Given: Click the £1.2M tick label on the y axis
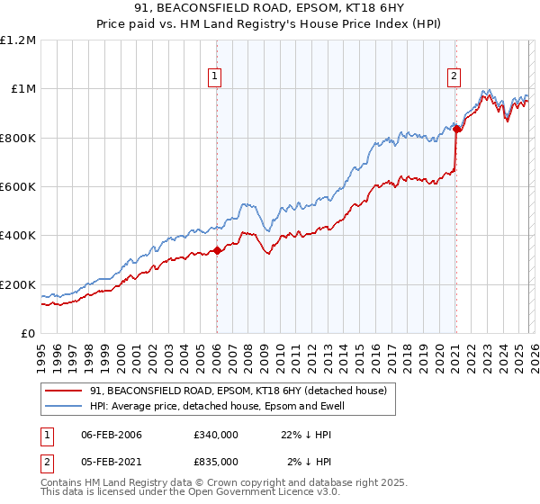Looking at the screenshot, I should [x=18, y=40].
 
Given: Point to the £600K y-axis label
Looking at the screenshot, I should [x=18, y=186].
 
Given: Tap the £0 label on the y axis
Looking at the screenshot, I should [x=29, y=333].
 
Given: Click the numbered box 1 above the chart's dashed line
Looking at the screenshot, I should [x=216, y=77].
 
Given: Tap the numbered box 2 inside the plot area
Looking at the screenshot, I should [x=454, y=77].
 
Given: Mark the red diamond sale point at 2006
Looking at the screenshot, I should [x=217, y=251].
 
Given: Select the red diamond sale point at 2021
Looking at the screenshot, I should [x=456, y=130].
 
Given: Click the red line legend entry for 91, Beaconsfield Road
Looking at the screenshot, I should [x=238, y=391].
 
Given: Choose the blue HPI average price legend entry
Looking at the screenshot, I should [x=216, y=406].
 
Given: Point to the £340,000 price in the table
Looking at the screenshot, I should [x=216, y=436].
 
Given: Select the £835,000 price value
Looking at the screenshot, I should [x=216, y=461].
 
